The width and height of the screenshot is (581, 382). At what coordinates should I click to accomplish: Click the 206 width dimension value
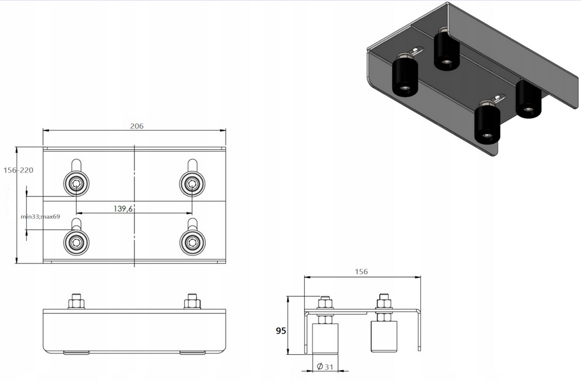(136, 126)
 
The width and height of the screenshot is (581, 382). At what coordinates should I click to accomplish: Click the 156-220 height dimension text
(19, 170)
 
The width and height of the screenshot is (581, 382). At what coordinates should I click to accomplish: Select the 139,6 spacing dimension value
(123, 209)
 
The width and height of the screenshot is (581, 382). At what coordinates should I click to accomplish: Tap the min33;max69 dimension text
(40, 216)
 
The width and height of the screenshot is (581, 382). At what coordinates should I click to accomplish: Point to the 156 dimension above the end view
(361, 272)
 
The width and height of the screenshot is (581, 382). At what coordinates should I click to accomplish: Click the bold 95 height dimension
(280, 331)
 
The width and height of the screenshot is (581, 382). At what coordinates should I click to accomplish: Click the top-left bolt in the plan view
(76, 183)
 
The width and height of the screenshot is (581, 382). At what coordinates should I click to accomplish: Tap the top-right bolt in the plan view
(192, 183)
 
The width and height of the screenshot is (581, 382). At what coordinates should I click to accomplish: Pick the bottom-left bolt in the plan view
(76, 242)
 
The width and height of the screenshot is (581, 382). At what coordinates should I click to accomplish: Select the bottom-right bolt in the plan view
(192, 242)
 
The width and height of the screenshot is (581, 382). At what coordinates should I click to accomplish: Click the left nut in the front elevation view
(77, 302)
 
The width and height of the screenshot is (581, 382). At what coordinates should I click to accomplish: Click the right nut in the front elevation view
(192, 302)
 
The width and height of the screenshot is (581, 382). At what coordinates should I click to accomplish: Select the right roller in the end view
(384, 337)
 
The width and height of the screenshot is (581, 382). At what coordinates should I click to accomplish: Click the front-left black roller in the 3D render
(405, 76)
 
